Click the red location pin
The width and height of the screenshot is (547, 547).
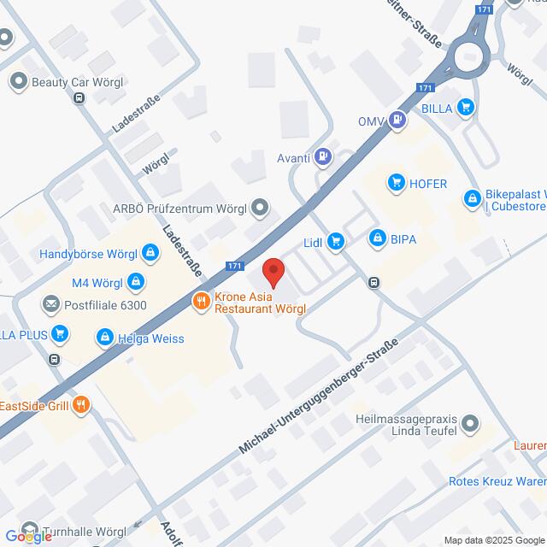point(273,271)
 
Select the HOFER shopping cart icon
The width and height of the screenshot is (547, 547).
point(396,181)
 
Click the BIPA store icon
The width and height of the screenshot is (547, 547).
point(376,238)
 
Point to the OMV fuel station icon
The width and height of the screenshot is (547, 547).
point(398,121)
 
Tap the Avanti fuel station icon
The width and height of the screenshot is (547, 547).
point(323,156)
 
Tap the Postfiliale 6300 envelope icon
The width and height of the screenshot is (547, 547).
point(50,304)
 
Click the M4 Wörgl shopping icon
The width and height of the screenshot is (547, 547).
point(136,280)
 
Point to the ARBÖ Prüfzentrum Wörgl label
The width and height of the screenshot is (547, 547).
point(179,208)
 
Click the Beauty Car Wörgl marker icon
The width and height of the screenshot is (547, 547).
point(18,82)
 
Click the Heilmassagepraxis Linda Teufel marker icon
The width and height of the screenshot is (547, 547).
point(469,423)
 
